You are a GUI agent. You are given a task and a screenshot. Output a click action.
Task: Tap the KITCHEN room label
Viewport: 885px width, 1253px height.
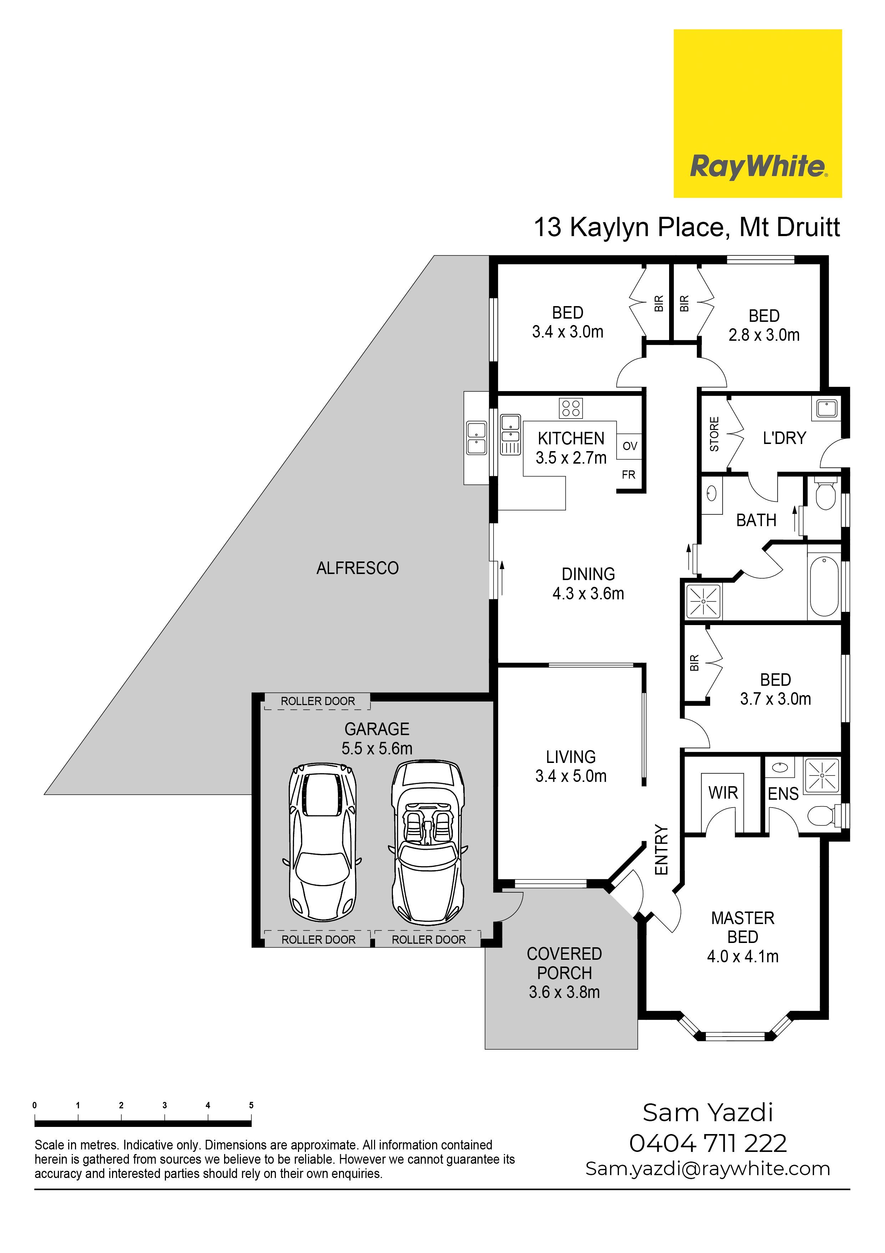coord(571,438)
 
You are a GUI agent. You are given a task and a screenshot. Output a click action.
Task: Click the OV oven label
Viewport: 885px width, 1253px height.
coord(630,446)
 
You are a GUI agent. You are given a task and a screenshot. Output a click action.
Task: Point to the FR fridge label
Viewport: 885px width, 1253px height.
coord(629,475)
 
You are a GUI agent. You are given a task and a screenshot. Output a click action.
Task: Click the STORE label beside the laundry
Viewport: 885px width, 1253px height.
coord(714,434)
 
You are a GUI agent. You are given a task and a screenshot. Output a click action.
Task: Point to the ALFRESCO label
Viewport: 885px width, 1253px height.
coord(357,568)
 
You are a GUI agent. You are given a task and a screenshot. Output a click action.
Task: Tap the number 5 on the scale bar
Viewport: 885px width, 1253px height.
coord(251,1105)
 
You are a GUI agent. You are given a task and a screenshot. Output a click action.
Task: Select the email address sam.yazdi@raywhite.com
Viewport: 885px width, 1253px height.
coord(708,1169)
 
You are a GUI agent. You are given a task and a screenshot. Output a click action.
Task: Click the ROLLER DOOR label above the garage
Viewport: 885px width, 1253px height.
coord(318,701)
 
